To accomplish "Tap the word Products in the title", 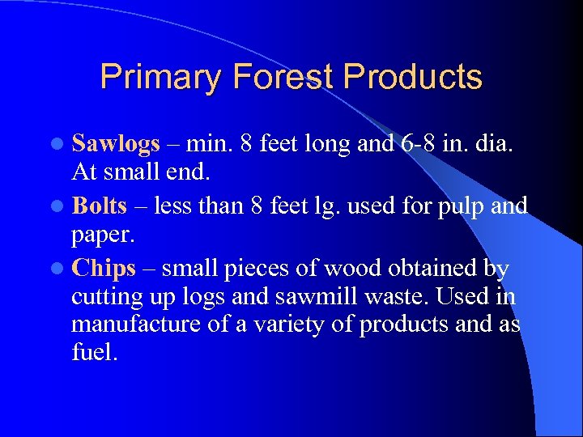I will tap(413, 78).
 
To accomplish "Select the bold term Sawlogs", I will tap(116, 144).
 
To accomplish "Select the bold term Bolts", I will tap(100, 206).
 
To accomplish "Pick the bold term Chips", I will tap(104, 267).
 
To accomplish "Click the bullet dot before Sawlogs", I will tap(62, 144).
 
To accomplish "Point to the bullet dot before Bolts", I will tap(62, 206).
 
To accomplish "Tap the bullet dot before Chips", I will tap(62, 268).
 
